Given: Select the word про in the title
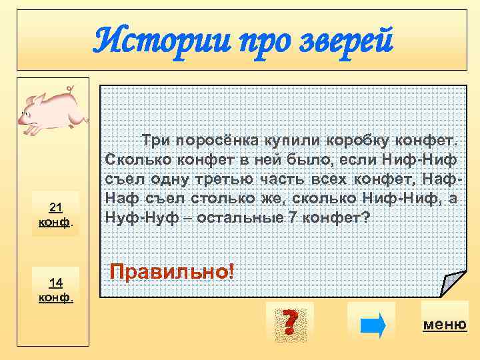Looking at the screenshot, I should [x=249, y=42].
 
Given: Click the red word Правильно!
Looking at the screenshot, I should [x=172, y=271].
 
